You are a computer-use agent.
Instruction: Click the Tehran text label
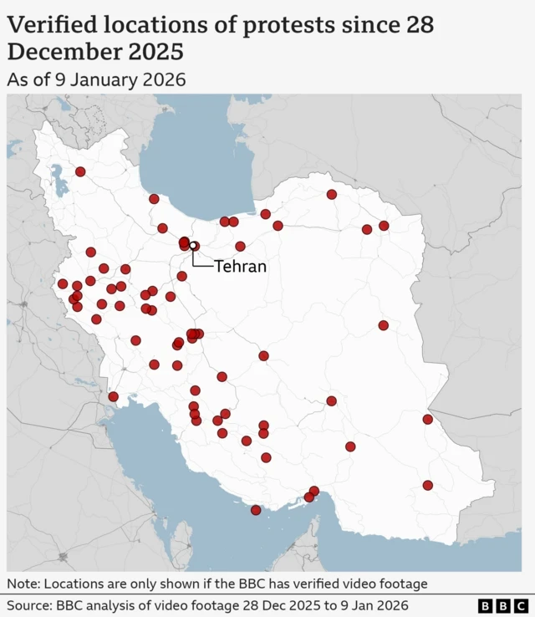(240, 267)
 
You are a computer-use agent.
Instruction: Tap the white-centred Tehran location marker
(193, 246)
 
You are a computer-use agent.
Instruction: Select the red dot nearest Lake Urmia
(80, 171)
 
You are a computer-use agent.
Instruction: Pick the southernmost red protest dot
(256, 510)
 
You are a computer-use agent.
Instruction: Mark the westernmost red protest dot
(63, 283)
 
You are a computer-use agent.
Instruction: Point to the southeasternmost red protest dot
(428, 485)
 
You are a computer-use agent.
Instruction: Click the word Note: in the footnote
(25, 583)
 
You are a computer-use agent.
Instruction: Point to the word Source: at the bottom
(31, 604)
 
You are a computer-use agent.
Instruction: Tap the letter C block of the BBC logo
(521, 605)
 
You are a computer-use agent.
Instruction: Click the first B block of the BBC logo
(486, 605)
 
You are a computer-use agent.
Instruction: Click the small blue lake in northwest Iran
(59, 178)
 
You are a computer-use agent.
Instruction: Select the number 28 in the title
(420, 25)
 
